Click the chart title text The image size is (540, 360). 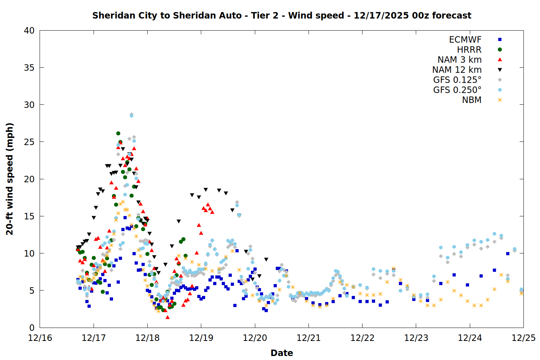(x=282, y=15)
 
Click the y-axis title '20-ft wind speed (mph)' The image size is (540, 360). (x=10, y=179)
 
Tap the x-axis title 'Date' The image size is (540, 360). (x=282, y=353)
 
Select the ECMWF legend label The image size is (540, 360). (x=465, y=40)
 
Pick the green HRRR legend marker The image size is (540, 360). (x=500, y=50)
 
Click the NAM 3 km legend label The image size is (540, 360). (x=459, y=60)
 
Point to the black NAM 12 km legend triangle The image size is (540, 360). (x=500, y=70)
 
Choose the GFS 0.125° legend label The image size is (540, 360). (x=457, y=80)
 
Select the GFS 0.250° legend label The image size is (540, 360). (x=457, y=90)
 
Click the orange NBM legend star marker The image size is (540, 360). (x=500, y=100)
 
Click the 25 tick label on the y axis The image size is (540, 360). (x=29, y=142)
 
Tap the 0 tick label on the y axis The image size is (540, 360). (x=32, y=328)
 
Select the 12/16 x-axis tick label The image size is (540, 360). (x=40, y=338)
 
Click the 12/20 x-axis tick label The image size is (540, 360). (x=255, y=338)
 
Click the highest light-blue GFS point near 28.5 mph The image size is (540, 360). (x=131, y=116)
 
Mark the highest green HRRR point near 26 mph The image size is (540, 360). (x=118, y=134)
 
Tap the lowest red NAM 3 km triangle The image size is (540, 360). (x=167, y=317)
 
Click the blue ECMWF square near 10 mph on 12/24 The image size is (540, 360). (x=508, y=254)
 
